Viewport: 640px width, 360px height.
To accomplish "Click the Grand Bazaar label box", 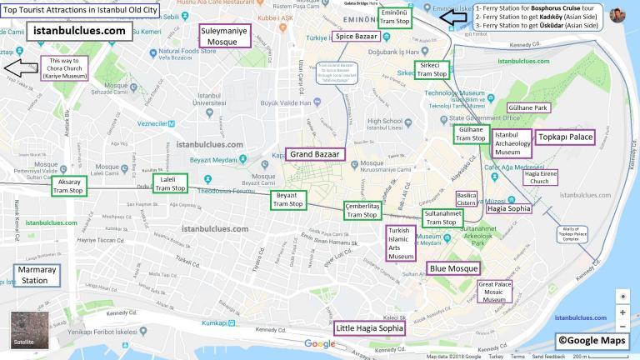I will point(316,154).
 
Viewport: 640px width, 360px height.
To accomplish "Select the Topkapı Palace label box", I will point(566,137).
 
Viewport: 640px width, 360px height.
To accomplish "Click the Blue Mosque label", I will point(454,268).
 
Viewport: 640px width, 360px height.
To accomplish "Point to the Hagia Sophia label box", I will point(508,209).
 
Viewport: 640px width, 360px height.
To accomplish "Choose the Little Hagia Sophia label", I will point(369,328).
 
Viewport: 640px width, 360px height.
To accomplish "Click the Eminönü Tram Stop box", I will point(393,18).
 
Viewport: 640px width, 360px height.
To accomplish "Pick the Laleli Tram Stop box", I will point(170,184).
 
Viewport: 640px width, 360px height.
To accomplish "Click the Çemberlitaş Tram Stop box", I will point(362,210).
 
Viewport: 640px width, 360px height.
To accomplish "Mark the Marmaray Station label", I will point(37,275).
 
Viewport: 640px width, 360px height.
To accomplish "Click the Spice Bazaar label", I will point(356,36).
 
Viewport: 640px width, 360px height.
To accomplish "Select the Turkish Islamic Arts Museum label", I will point(401,242).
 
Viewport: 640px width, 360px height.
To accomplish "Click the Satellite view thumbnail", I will point(29,330).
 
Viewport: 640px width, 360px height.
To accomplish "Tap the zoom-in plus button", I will point(622,312).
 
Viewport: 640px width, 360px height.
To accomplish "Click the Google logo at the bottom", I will point(319,344).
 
